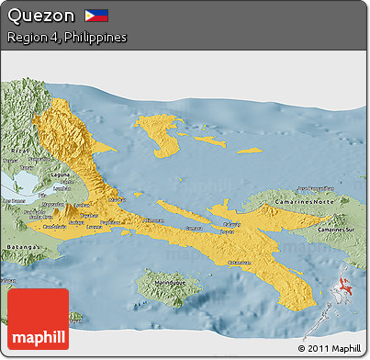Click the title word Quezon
pos(39,16)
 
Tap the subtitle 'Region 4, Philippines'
pos(66,38)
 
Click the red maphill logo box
pos(38,319)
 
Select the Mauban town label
pos(118,198)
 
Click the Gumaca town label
pos(194,228)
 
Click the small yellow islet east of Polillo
pos(249,150)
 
